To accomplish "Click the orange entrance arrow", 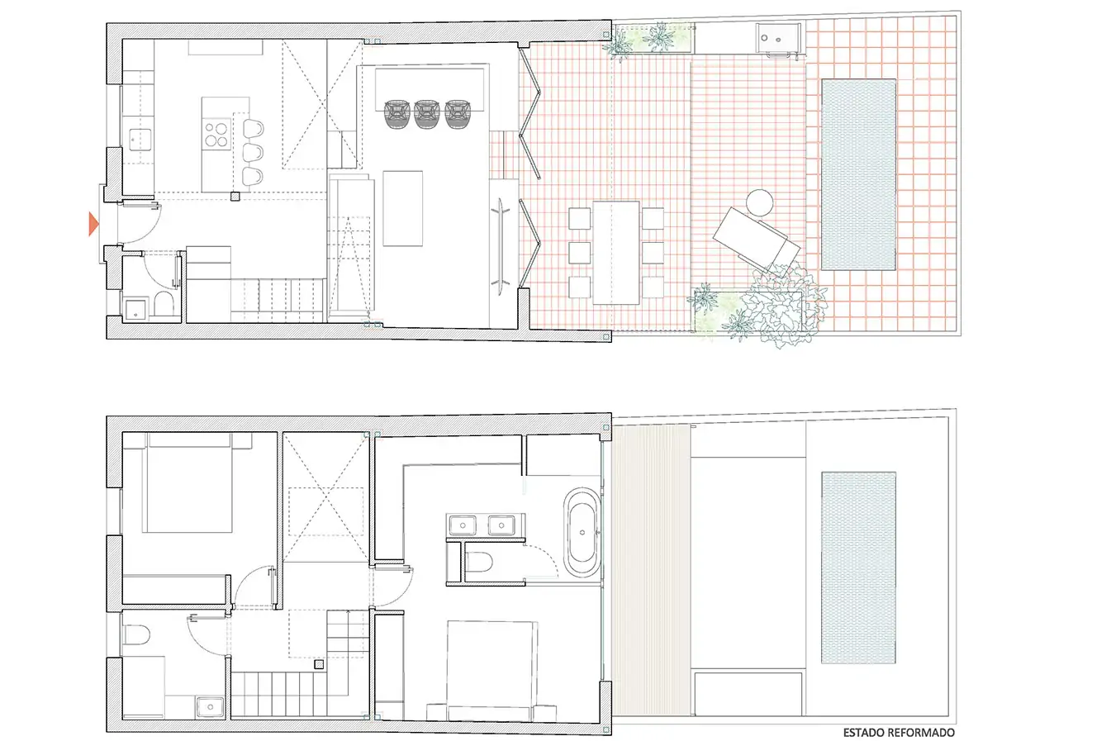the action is (93, 224).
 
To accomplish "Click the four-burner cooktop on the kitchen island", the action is (216, 135).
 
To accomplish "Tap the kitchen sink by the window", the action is (140, 140).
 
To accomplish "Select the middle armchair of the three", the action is (426, 114).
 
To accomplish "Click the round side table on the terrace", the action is (759, 202).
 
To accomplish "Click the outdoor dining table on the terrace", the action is (616, 253).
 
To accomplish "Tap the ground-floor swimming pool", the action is (858, 174).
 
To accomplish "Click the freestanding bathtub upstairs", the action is (582, 533).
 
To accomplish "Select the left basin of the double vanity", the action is (463, 525).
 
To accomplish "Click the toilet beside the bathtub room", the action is (478, 563).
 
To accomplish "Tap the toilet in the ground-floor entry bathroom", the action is (164, 303).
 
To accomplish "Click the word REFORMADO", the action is (921, 732).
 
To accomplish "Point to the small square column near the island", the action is (235, 197).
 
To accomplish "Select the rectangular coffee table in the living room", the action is (403, 208).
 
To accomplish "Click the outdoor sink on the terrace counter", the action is (772, 38).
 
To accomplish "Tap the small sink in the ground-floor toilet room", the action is (135, 310).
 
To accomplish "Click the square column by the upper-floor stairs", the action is (319, 664).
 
